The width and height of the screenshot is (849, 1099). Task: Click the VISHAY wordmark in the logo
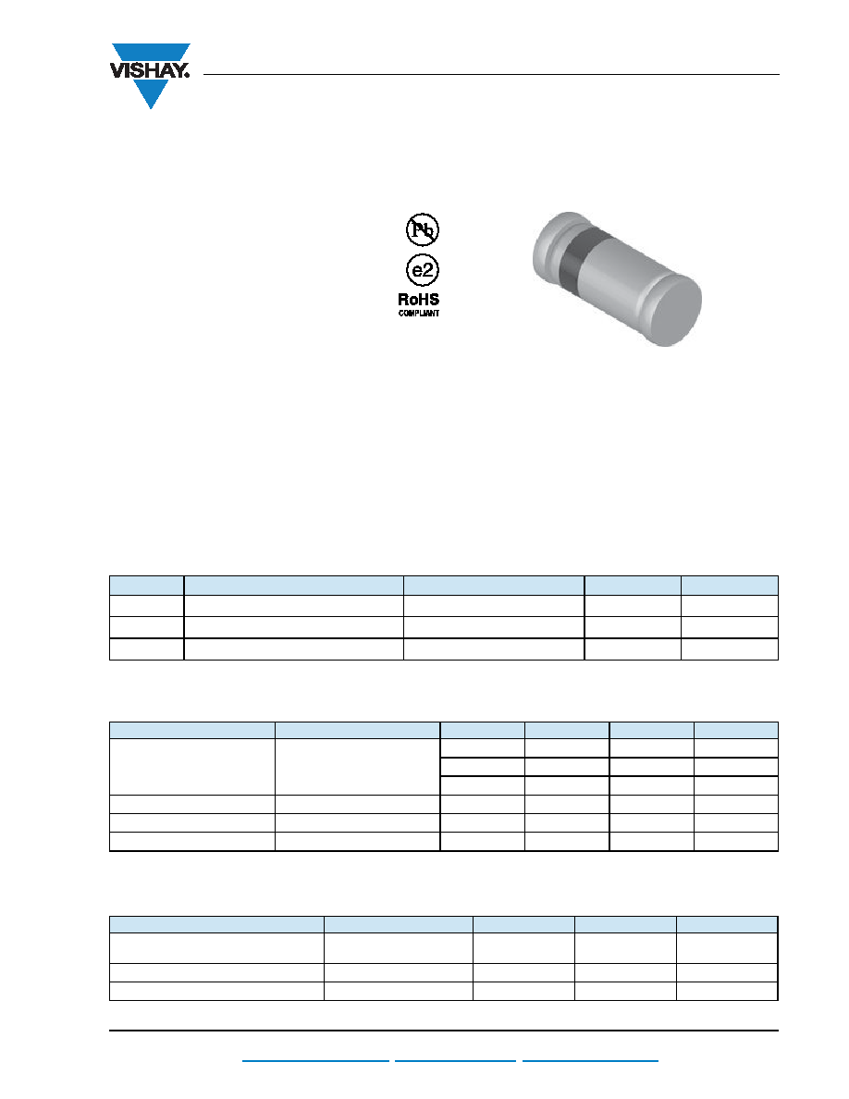coord(149,70)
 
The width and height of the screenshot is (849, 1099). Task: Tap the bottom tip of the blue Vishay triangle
coord(151,109)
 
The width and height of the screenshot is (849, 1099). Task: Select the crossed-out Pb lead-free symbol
coord(423,229)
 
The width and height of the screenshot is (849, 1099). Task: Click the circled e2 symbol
coord(423,270)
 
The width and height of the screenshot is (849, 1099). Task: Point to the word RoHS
coord(419,300)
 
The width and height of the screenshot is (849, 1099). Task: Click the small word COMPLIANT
coord(419,314)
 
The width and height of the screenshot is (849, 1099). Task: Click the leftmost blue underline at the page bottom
coord(315,1061)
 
